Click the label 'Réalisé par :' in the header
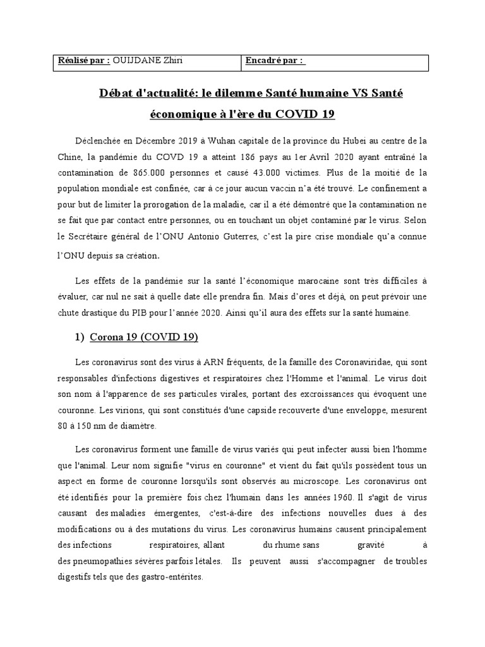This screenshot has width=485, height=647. click(x=83, y=61)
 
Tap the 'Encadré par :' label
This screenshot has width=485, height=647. click(x=276, y=61)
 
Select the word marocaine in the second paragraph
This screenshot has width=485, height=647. click(x=290, y=281)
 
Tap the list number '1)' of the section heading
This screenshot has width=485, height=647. click(x=80, y=338)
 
